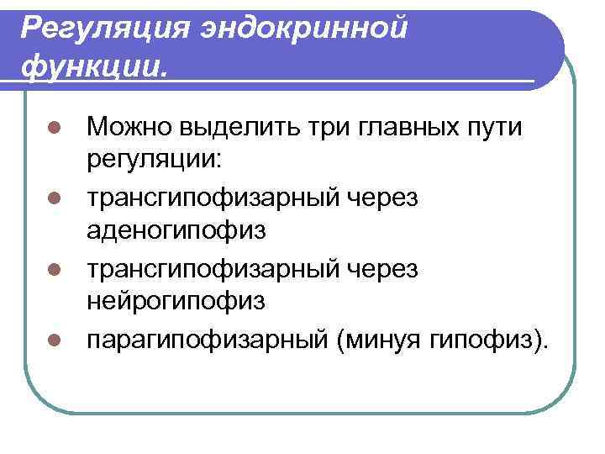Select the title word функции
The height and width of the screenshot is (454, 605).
tap(93, 64)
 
